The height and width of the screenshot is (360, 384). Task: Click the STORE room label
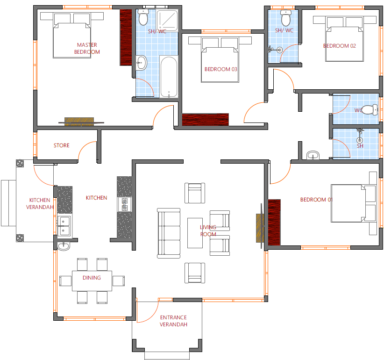[62, 145]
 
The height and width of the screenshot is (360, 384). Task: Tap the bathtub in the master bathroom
[169, 77]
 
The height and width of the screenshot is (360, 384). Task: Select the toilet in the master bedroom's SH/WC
[143, 17]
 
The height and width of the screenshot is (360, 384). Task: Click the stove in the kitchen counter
[125, 204]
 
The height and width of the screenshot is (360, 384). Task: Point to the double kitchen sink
[64, 226]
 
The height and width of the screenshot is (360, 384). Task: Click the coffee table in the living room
[195, 233]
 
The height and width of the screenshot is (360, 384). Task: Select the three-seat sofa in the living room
[169, 233]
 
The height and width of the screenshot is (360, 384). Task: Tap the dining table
[92, 281]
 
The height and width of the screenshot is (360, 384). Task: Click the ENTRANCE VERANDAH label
[173, 321]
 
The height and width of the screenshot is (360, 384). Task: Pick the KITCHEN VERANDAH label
[40, 204]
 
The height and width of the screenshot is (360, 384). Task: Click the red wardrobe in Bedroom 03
[205, 120]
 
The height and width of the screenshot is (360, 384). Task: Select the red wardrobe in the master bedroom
[126, 37]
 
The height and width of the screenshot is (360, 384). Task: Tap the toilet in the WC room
[370, 109]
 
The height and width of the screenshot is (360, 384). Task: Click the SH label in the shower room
[360, 146]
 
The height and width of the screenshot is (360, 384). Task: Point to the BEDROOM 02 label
[340, 46]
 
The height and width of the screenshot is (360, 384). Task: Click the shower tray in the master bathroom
[167, 21]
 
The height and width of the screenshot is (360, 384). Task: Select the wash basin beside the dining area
[64, 246]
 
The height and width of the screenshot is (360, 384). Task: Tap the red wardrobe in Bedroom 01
[274, 223]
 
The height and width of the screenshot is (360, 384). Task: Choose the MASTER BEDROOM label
[87, 48]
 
